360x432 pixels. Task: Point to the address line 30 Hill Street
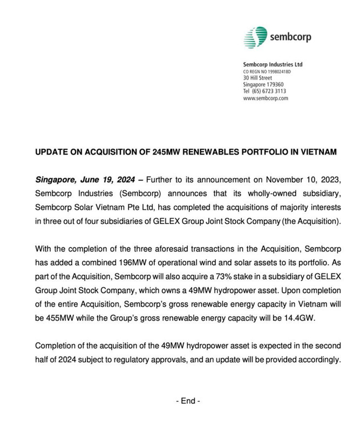point(257,78)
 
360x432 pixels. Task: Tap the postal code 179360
point(274,85)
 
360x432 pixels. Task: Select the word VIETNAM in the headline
point(316,153)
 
